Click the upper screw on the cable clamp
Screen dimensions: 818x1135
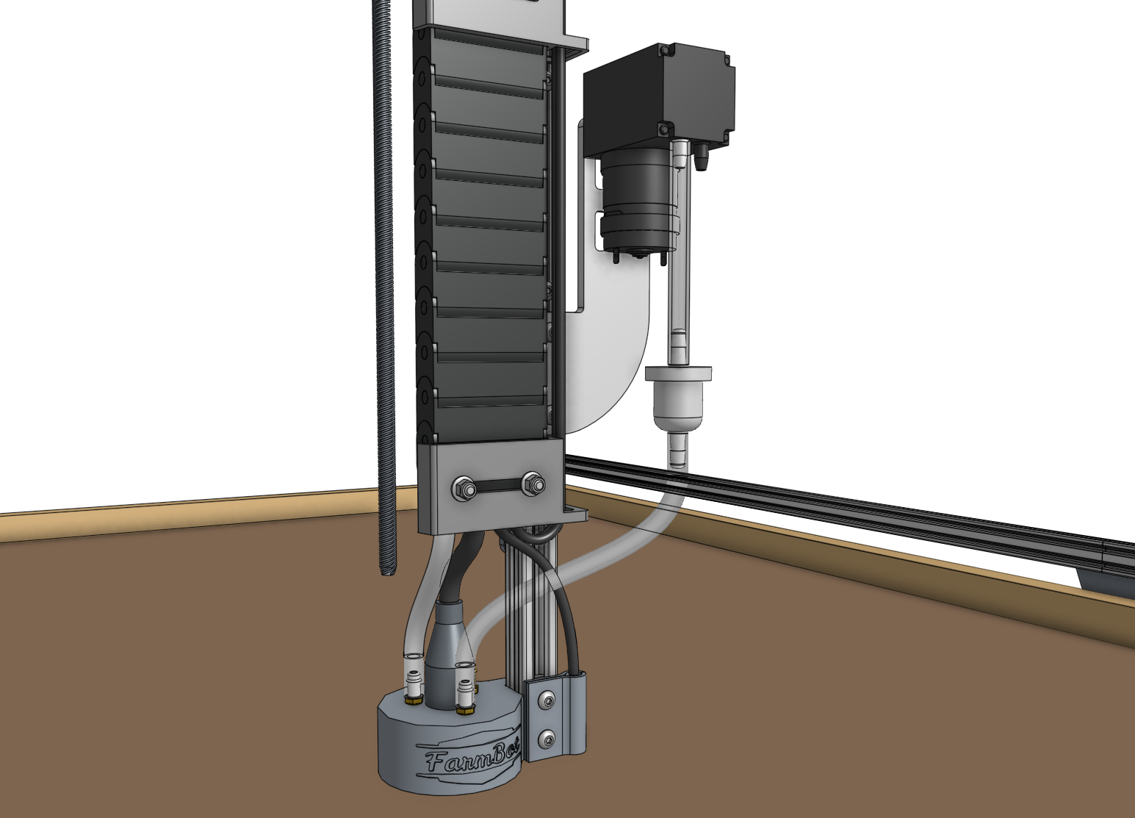(547, 703)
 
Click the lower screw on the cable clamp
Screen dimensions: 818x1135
(547, 738)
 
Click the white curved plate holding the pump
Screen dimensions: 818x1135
(617, 345)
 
